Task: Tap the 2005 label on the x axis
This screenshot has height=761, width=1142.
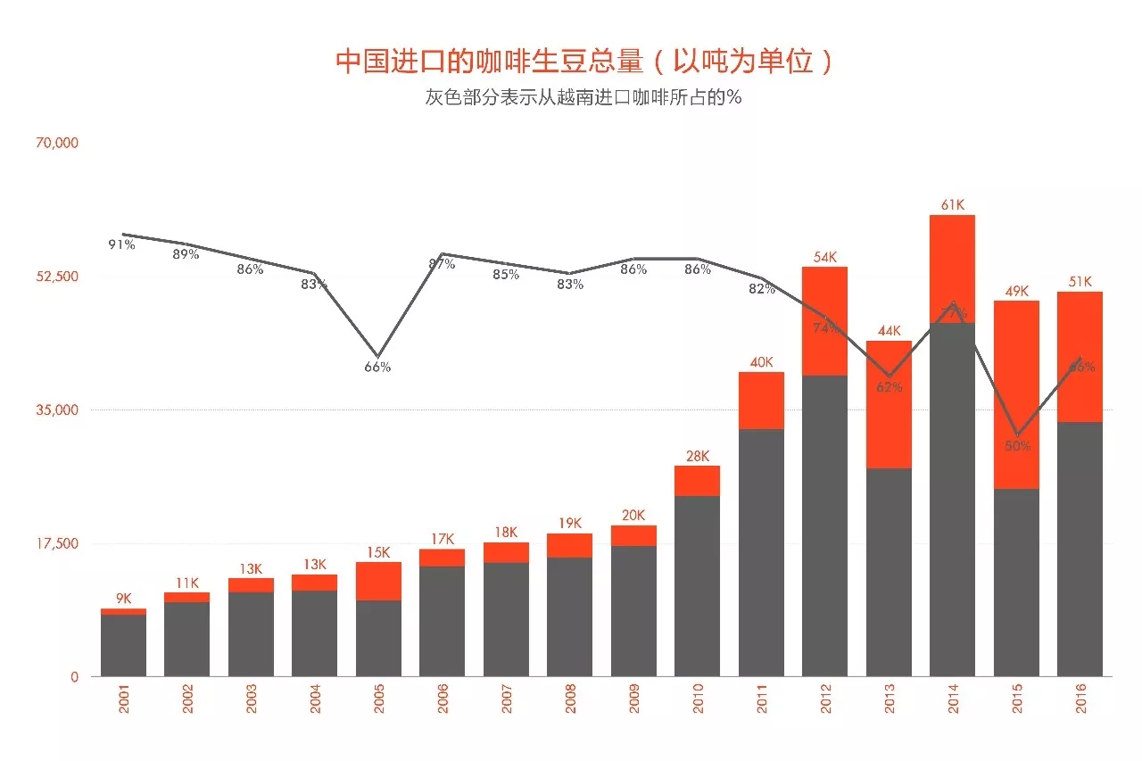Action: [378, 700]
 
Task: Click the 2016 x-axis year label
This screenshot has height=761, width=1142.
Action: [1080, 700]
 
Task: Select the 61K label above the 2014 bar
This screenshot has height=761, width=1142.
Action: [953, 205]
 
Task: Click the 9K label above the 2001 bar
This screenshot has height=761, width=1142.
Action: [123, 599]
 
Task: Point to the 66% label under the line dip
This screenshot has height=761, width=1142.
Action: [377, 367]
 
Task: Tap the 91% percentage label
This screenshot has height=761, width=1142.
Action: [121, 244]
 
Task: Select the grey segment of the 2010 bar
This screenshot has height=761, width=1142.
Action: [697, 584]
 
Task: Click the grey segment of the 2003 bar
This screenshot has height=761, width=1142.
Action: [251, 633]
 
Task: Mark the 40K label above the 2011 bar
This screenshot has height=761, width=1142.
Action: [761, 362]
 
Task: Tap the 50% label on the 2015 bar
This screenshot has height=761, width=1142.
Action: [1017, 446]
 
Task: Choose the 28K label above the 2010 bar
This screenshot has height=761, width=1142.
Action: [698, 456]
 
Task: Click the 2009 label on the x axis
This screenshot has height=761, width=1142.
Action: [633, 700]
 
